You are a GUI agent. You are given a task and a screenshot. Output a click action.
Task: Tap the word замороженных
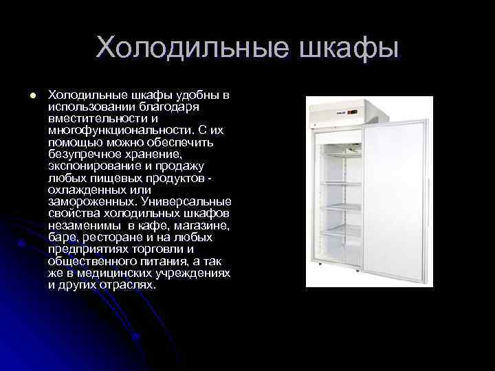click(92, 201)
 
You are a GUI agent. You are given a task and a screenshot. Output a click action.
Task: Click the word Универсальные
click(186, 201)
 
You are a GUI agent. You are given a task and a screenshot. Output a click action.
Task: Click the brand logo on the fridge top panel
click(340, 109)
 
